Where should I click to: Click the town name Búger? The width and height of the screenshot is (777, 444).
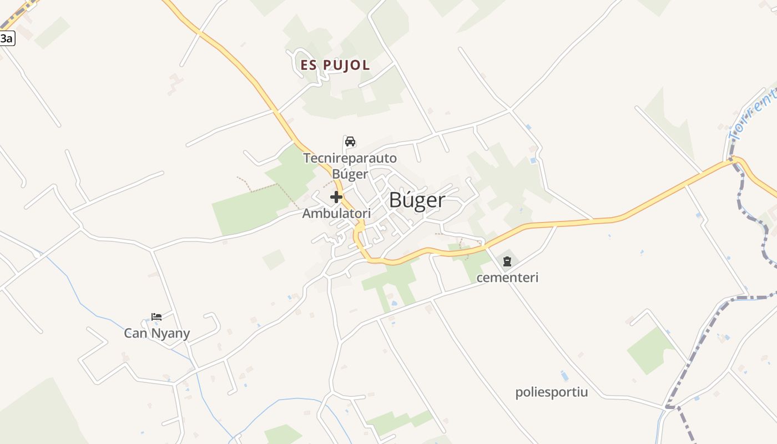[417, 200]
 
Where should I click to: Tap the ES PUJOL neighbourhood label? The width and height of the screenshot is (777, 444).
[335, 65]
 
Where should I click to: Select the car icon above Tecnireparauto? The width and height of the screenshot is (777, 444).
[350, 142]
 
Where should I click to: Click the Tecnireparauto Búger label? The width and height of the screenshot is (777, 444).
[350, 166]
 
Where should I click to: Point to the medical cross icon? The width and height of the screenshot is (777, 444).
[336, 197]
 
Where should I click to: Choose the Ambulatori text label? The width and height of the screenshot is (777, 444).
[336, 213]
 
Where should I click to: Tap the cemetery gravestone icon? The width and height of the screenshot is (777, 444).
[507, 261]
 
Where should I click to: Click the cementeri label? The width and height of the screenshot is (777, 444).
[507, 277]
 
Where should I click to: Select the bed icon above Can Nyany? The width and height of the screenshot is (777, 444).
[157, 317]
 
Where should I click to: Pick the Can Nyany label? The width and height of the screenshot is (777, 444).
[157, 334]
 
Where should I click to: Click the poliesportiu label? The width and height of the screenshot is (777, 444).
[551, 392]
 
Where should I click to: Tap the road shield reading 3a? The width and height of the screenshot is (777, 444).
[6, 38]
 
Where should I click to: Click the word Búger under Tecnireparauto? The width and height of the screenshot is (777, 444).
[350, 174]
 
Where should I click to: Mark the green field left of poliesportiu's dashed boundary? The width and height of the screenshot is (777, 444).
[650, 350]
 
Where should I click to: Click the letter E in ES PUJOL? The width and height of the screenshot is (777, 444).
[305, 65]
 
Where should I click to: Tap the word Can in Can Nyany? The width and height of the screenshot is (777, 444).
[135, 334]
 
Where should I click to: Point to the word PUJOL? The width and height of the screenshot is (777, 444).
[346, 65]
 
